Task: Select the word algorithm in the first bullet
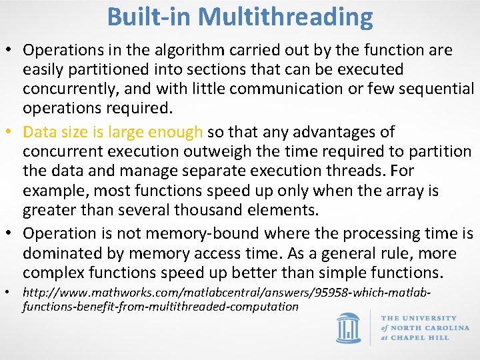coord(169,50)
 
